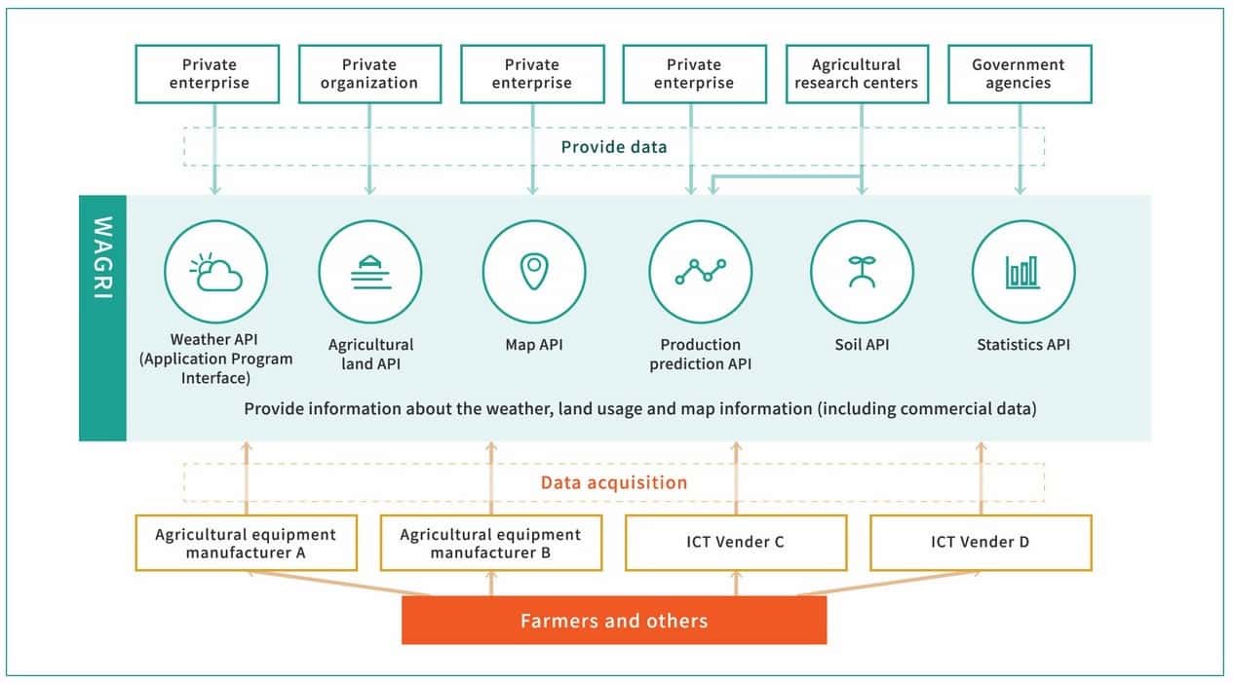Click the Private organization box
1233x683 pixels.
coord(369,74)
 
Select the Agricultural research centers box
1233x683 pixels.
coord(856,74)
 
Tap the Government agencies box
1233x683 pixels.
coord(1019,74)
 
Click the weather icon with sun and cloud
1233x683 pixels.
coord(215,272)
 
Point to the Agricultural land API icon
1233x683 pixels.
coord(370,272)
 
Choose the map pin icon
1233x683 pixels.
coord(533,272)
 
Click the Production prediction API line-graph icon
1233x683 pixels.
coord(700,272)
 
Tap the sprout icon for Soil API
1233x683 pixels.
coord(862,272)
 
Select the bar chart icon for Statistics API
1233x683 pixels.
coord(1023,272)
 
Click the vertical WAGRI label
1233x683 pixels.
coord(103,258)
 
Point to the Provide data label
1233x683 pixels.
coord(614,147)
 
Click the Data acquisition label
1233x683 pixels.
coord(614,482)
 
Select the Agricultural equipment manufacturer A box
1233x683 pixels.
coord(246,544)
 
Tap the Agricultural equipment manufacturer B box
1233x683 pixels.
coord(490,544)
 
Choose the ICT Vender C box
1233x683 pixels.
coord(735,543)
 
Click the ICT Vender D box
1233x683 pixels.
coord(980,543)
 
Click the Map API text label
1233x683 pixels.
coord(534,344)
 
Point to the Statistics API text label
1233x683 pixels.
coord(1023,344)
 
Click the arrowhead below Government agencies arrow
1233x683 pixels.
coord(1021,188)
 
